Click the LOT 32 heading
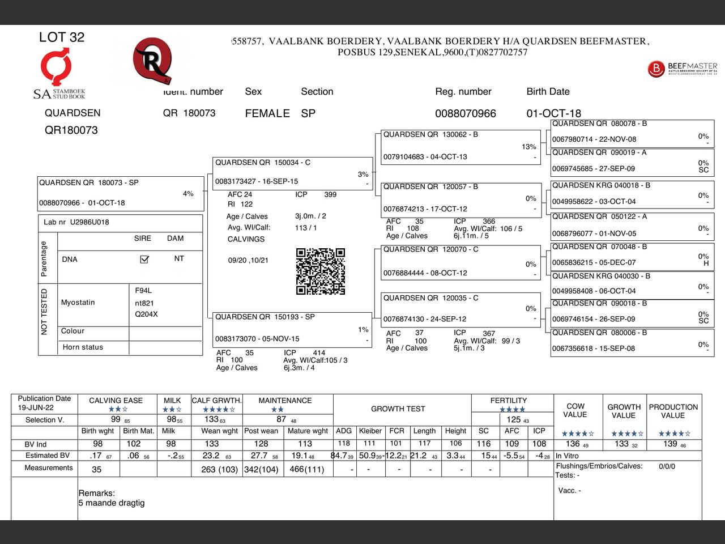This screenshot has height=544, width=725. pos(62,37)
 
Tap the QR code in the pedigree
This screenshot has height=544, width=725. pos(321,271)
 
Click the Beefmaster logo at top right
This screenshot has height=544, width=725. pos(682,69)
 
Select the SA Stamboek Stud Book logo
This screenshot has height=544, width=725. pos(58,74)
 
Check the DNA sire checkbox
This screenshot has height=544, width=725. pos(144,260)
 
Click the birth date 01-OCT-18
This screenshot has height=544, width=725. pos(553,113)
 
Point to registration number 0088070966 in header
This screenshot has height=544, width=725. pos(465,113)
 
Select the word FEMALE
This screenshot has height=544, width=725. pos(267,113)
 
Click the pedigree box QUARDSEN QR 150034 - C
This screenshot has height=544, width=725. pos(292,172)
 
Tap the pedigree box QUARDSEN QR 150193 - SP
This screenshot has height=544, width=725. pos(292,328)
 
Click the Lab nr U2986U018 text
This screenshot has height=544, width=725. pos(76,222)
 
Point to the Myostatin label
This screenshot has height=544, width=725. pos(78,303)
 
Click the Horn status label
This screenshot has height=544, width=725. pos(83,347)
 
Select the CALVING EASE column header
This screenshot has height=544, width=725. pos(116,401)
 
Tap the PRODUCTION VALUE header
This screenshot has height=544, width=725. pos(673,411)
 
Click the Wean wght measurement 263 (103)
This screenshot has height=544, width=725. pos(219,469)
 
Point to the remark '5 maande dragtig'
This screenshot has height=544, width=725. pos(112,503)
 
